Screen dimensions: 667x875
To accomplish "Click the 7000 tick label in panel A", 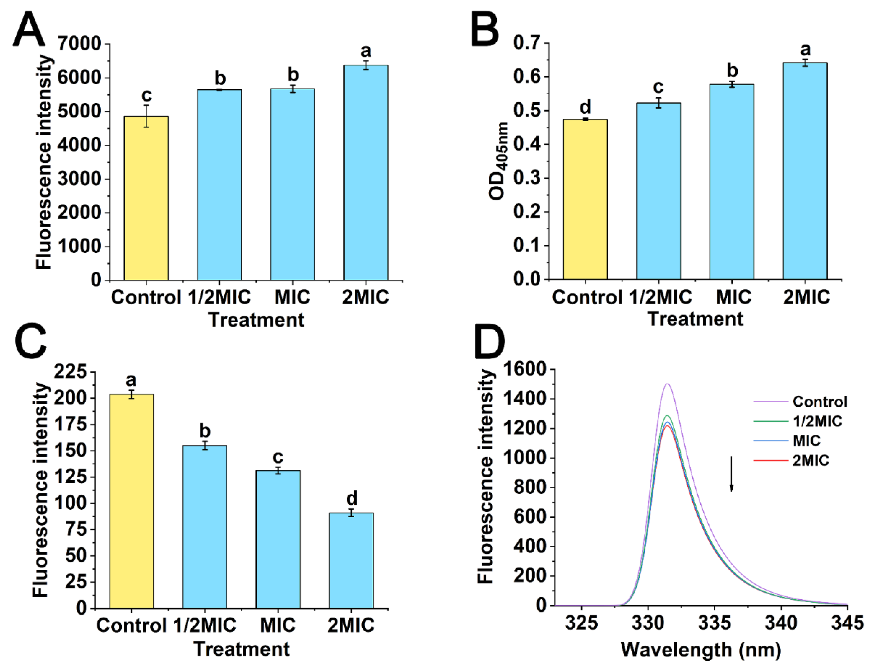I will click(x=79, y=43).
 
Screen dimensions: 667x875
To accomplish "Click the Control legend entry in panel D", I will click(x=819, y=402).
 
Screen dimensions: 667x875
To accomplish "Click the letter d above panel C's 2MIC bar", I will click(x=351, y=498).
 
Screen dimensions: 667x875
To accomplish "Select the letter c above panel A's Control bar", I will click(x=146, y=95).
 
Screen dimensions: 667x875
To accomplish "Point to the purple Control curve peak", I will click(x=667, y=384).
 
